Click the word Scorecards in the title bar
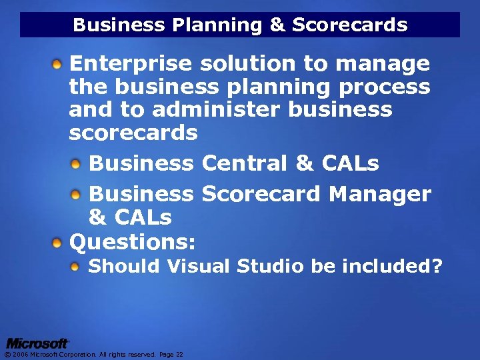(x=349, y=25)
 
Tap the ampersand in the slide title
(x=277, y=25)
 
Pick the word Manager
(x=380, y=194)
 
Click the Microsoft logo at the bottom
(x=37, y=343)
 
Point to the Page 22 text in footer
(x=171, y=355)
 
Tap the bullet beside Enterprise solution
(x=59, y=65)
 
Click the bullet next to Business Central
(x=78, y=163)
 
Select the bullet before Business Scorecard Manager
(x=78, y=194)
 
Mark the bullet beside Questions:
(x=59, y=240)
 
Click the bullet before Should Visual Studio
(x=78, y=267)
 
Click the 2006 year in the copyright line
(x=19, y=355)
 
